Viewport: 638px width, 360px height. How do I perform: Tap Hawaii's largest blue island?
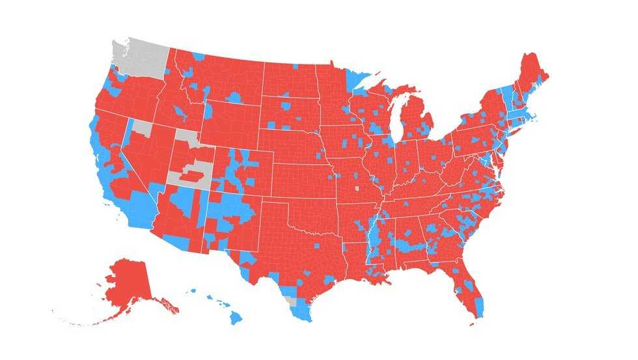point(235,317)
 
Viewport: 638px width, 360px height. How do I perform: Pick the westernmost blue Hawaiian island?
point(193,291)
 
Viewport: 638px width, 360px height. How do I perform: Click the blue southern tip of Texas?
point(302,314)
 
